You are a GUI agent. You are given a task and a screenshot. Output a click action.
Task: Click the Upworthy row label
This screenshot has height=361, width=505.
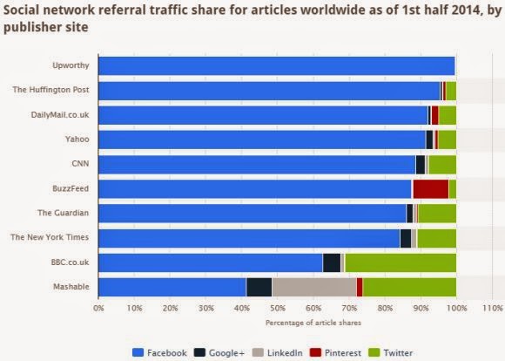pos(71,65)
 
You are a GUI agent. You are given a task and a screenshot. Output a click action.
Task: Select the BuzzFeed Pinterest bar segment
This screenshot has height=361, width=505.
pos(431,189)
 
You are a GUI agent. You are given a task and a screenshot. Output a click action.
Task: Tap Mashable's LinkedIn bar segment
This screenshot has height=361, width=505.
pos(314,287)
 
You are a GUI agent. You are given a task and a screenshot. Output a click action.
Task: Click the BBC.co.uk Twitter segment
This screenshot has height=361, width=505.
pos(401,263)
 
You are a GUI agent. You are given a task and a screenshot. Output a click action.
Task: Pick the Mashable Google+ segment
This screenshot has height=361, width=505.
pos(259,287)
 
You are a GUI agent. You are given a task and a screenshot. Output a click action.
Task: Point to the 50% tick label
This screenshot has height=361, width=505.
pos(278,308)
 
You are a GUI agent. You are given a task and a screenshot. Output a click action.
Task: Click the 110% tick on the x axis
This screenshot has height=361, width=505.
pos(492,308)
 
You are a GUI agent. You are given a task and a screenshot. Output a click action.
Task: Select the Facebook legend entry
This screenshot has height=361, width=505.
pos(159,352)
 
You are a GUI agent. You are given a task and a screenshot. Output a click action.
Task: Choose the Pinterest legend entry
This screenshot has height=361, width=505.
pos(335,352)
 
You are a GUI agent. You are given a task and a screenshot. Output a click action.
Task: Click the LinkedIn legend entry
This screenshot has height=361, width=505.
pos(277,352)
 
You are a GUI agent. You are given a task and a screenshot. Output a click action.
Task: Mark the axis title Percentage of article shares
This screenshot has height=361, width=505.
pos(313,323)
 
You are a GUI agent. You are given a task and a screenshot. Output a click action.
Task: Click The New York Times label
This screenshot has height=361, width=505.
pos(50,237)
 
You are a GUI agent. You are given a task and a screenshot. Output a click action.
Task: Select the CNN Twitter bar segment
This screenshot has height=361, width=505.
pos(442,165)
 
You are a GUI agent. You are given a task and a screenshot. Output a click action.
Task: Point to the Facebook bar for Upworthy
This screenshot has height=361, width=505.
pos(277,65)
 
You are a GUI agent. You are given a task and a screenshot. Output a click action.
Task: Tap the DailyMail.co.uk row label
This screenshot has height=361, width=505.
pos(60,115)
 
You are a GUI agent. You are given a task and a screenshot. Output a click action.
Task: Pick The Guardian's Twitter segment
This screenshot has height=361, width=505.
pos(437,214)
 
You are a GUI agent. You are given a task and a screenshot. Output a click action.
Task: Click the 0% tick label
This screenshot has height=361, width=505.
pos(98,308)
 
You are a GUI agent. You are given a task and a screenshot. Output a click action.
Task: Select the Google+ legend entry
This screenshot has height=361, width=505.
pos(219,352)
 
